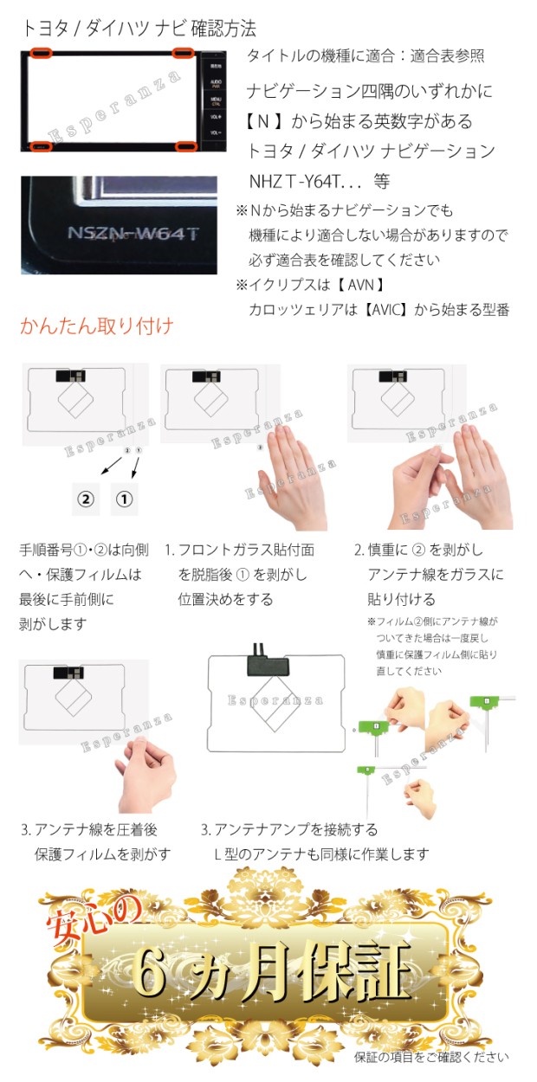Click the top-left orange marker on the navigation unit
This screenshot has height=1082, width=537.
[42, 54]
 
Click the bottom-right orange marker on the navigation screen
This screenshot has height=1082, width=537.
[183, 145]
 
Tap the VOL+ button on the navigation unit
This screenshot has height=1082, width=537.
[214, 116]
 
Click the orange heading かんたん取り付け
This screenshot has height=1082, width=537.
[96, 326]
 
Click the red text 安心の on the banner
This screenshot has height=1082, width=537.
[85, 911]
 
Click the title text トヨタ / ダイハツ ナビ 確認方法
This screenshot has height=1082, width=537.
[139, 29]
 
